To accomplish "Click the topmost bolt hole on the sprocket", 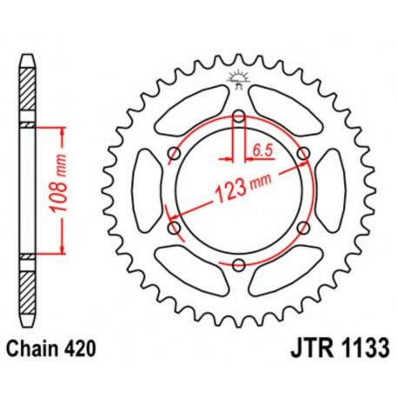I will [x=238, y=116].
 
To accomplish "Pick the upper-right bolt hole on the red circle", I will [x=302, y=154].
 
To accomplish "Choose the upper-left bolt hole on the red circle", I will [x=174, y=154].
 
